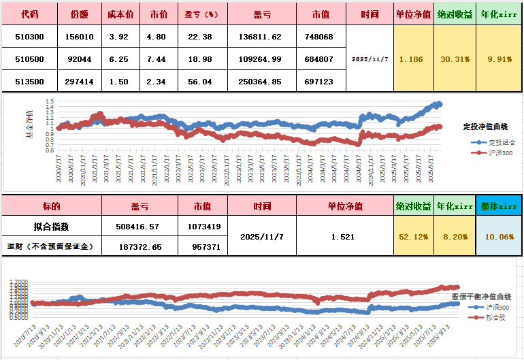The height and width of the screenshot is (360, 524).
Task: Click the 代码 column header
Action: click(29, 14)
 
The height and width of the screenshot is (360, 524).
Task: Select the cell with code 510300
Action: click(29, 37)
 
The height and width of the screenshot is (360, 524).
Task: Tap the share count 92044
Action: click(78, 59)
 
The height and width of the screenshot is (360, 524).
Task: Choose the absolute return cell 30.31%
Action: click(455, 59)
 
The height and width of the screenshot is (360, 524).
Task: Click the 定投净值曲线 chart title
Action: click(485, 127)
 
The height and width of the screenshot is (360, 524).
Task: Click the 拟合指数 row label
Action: click(51, 227)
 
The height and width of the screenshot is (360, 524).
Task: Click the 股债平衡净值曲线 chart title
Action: click(482, 297)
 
